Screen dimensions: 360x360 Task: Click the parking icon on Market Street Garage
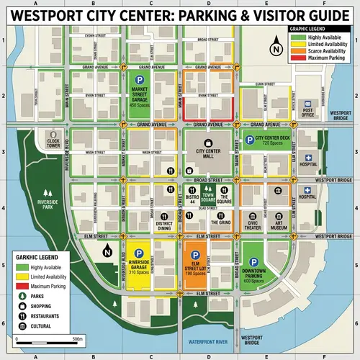[x=140, y=82]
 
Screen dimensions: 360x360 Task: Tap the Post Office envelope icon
[x=307, y=104]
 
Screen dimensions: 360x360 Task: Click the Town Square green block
[x=208, y=195]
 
